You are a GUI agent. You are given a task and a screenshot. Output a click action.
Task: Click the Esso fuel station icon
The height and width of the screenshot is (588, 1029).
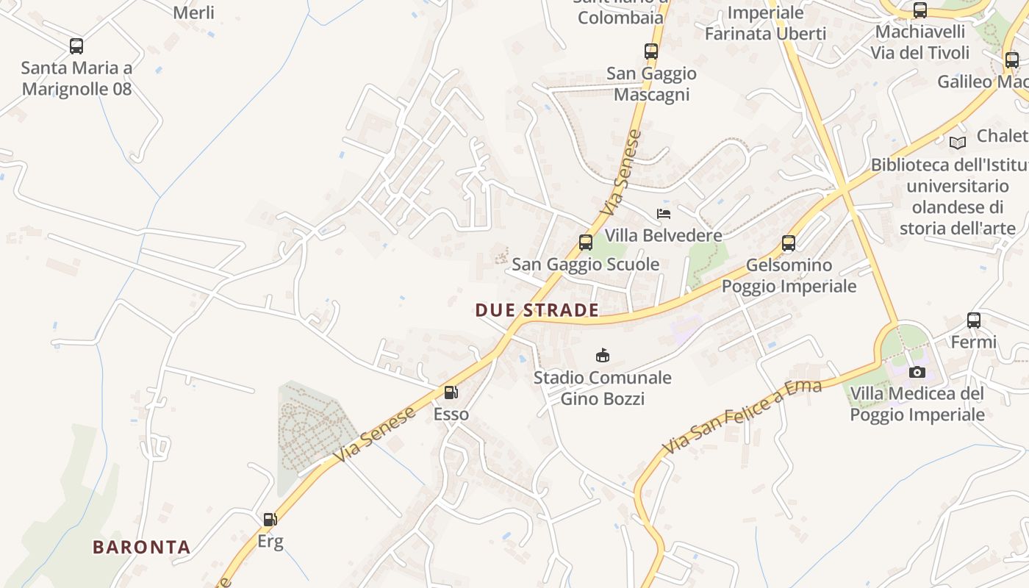tap(451, 393)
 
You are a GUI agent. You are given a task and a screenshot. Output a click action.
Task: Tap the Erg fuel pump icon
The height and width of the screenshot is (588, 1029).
tap(270, 520)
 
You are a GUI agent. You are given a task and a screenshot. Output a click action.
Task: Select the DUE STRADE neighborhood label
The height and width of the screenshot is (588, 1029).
tap(537, 310)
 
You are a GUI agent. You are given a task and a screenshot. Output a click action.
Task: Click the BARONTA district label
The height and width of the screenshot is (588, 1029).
tap(142, 547)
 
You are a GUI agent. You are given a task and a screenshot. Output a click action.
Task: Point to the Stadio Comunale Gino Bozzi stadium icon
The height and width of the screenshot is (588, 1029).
tap(603, 356)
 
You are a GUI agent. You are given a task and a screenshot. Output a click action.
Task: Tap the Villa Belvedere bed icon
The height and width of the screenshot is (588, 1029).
tap(664, 214)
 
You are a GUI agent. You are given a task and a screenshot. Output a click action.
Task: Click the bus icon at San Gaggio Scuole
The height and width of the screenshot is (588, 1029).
tap(586, 242)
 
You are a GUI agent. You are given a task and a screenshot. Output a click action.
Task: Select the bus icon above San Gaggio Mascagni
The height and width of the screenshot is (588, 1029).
tap(651, 51)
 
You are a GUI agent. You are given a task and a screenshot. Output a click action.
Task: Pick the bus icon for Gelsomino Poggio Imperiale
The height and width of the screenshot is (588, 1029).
tap(789, 243)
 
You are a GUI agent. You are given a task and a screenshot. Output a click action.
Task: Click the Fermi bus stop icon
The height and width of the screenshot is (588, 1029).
tap(974, 320)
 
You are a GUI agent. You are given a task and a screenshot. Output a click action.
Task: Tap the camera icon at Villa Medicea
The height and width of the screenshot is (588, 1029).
tap(917, 372)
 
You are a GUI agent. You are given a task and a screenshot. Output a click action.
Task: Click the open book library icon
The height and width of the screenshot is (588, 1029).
tap(958, 143)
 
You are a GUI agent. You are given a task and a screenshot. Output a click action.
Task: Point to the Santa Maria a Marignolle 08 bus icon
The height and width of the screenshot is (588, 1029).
tap(76, 46)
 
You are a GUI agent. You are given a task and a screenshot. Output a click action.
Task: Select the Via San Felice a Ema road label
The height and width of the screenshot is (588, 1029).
tap(742, 417)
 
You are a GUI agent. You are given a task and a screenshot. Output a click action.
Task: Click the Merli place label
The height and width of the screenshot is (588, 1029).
tap(194, 12)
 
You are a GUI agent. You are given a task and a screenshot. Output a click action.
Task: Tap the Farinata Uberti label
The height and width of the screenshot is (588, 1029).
tap(765, 33)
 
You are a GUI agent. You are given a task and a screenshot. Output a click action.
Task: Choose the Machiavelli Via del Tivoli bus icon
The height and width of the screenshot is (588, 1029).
tap(920, 10)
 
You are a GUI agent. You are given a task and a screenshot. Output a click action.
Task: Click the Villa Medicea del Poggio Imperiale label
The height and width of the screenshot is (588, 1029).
tap(917, 404)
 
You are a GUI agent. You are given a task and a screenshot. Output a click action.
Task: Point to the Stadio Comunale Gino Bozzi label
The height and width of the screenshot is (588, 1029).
tap(603, 388)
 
